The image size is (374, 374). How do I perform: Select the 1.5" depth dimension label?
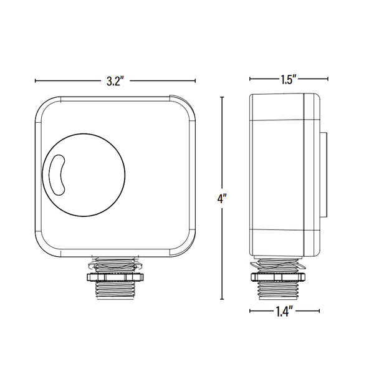(x=287, y=79)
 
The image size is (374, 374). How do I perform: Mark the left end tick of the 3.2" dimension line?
(x=35, y=81)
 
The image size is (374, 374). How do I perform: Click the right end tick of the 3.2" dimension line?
(x=196, y=81)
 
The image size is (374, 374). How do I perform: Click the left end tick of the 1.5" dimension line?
(x=250, y=79)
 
